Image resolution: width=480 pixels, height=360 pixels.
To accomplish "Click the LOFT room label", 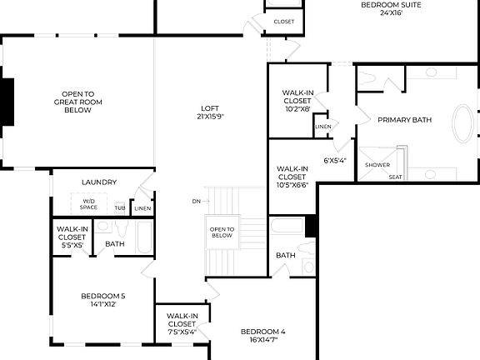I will [x=210, y=107].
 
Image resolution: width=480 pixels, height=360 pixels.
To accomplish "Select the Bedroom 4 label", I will [x=262, y=332].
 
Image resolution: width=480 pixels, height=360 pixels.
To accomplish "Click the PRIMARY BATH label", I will [x=404, y=120].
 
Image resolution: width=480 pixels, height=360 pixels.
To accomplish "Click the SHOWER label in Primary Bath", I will [x=377, y=164].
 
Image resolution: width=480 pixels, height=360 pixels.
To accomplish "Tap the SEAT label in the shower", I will [x=395, y=176].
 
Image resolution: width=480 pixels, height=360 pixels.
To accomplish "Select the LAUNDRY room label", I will [x=98, y=182].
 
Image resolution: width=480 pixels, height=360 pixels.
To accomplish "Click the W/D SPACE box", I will [x=88, y=203].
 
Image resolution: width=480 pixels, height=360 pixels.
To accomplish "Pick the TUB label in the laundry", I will [x=120, y=208].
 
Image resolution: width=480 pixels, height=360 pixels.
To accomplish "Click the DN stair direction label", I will [x=196, y=201].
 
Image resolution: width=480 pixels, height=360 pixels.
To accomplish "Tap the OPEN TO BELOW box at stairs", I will [x=222, y=232].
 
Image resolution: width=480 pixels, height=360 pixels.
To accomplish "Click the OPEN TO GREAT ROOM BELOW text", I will [x=77, y=102].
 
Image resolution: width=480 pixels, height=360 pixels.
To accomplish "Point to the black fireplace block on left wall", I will [x=7, y=101].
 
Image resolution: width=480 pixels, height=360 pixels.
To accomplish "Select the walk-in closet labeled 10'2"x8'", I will [x=297, y=100].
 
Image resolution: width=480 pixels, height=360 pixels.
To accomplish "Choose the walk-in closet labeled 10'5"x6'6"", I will [x=292, y=177].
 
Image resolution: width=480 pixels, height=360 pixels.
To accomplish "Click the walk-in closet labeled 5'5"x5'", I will [x=71, y=237].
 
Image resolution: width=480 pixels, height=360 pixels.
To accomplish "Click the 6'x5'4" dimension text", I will [x=334, y=160].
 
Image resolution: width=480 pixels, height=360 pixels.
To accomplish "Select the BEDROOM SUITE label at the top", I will [x=391, y=5].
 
